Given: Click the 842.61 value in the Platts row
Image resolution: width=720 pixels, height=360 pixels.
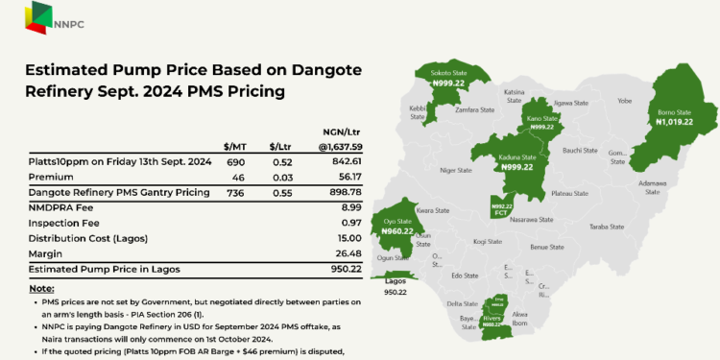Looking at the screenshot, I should pos(346,162).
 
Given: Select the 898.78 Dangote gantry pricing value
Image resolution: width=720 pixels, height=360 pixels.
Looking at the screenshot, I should pos(346,193).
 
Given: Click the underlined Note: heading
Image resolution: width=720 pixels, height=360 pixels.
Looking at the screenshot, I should pos(42,288).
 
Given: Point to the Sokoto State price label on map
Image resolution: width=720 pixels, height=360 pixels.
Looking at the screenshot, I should pos(448,83).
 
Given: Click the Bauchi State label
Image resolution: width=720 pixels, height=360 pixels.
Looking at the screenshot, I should pos(579,150).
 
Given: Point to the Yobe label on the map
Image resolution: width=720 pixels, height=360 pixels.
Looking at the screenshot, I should pos(625,101).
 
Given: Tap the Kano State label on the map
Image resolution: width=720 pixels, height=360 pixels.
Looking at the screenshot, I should pos(541,121).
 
